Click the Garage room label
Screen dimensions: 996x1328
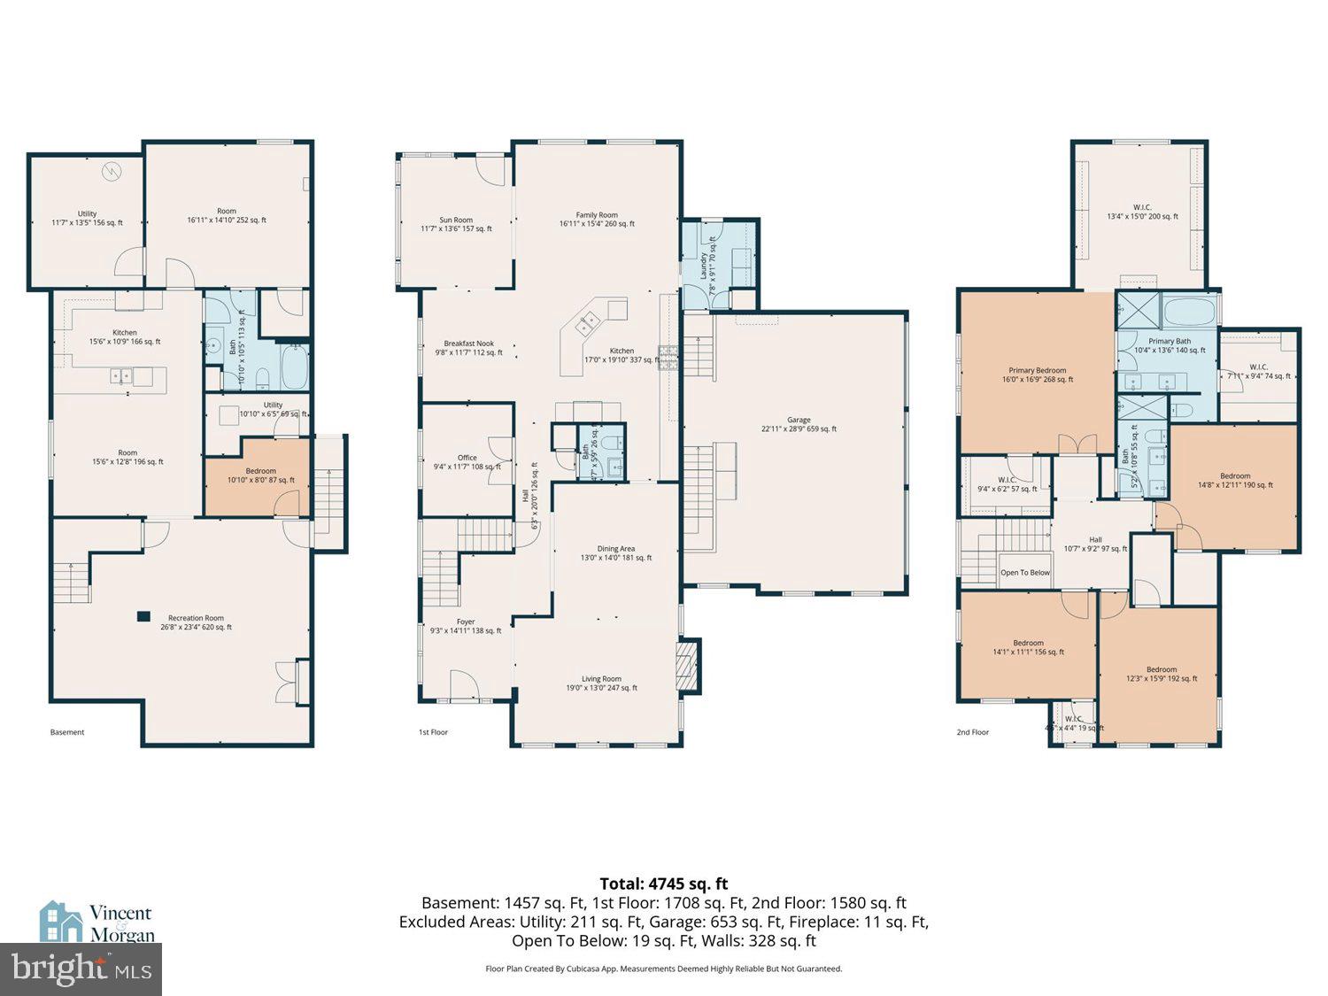(799, 424)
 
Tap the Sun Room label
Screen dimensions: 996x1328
(456, 224)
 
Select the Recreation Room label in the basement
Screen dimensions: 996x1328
(196, 622)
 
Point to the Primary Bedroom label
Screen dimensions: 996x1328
(1037, 374)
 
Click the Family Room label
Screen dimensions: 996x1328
(597, 219)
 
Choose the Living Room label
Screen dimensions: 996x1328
(601, 683)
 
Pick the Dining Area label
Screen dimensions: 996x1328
(615, 553)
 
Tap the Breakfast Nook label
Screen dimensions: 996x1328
(468, 347)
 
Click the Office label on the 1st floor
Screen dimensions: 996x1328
(467, 462)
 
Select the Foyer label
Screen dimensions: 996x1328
(466, 626)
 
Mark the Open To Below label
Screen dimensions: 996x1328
(1024, 573)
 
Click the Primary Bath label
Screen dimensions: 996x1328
(1170, 345)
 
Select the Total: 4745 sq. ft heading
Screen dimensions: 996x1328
(663, 883)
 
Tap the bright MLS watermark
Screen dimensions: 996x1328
(81, 968)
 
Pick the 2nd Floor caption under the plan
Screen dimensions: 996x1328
(972, 732)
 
